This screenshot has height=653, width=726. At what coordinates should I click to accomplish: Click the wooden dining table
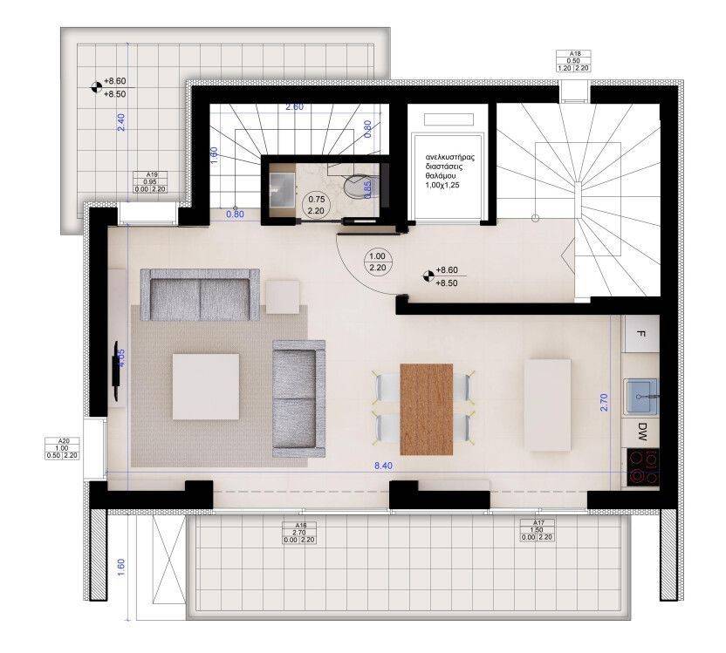(427, 409)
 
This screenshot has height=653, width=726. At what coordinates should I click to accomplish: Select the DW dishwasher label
(642, 431)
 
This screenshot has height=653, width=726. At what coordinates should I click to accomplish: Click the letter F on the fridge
(641, 335)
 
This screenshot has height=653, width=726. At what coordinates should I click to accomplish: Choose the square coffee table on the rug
(206, 387)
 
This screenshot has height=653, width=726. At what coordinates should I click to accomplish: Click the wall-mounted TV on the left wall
(115, 371)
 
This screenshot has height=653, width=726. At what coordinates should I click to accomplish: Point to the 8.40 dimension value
(383, 466)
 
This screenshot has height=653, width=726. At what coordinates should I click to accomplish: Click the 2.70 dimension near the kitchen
(606, 401)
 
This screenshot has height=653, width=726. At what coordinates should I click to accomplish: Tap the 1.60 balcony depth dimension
(120, 567)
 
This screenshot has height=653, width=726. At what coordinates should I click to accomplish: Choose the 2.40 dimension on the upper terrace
(122, 122)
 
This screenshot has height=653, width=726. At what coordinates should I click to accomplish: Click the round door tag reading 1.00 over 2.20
(378, 262)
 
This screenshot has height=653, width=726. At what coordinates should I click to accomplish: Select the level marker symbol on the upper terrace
(94, 85)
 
